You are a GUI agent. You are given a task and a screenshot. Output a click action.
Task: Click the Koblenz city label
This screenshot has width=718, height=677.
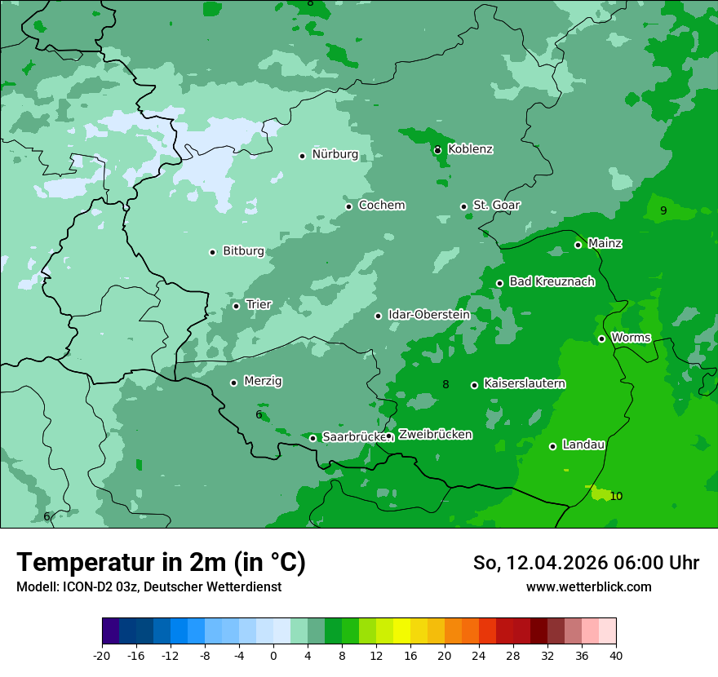click(x=470, y=149)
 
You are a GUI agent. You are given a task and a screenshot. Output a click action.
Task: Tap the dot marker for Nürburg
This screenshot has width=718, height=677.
click(x=302, y=156)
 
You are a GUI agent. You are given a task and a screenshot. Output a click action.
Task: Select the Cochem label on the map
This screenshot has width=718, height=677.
click(x=382, y=205)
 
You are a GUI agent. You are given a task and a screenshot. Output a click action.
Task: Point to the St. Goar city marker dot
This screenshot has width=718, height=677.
click(x=463, y=206)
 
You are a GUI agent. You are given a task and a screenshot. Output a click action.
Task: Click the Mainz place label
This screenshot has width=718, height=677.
click(x=605, y=243)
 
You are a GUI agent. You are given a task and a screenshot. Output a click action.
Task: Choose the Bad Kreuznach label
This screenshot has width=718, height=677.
click(x=552, y=281)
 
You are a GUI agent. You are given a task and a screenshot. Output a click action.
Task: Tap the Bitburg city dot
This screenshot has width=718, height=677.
click(x=212, y=252)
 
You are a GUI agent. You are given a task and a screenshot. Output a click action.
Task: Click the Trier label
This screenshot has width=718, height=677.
click(x=259, y=304)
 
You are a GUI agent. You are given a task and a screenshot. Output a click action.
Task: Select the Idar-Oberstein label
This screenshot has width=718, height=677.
click(x=428, y=314)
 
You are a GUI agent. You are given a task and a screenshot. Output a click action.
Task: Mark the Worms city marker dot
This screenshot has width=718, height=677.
click(x=601, y=338)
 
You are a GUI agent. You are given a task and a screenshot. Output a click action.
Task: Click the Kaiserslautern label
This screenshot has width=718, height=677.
click(x=524, y=383)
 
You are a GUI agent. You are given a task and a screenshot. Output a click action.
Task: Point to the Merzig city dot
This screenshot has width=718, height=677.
click(x=233, y=383)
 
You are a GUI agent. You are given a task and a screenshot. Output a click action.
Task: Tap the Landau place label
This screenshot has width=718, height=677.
click(x=583, y=445)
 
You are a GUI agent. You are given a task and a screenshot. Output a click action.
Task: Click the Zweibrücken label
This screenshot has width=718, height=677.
click(x=435, y=435)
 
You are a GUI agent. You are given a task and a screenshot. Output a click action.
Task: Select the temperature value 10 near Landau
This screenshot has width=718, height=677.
click(x=616, y=496)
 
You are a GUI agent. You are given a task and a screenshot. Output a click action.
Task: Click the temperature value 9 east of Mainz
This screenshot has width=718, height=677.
click(x=663, y=210)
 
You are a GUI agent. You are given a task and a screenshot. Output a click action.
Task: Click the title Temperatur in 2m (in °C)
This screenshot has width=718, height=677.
click(x=161, y=563)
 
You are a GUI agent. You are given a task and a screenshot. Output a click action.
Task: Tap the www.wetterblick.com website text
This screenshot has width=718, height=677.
click(x=588, y=586)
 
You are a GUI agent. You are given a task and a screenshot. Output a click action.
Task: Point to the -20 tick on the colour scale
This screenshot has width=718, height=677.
click(x=102, y=655)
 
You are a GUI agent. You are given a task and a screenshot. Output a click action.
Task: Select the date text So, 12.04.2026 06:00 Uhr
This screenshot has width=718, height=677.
click(x=586, y=563)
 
